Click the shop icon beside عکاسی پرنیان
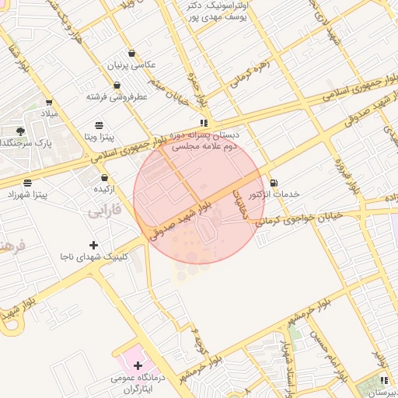tap(131, 54)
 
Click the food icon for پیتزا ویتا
tap(99, 125)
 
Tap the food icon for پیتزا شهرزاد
tap(28, 183)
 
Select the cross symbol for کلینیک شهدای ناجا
tap(94, 245)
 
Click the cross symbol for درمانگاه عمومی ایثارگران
tap(138, 365)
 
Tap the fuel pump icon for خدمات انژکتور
tap(272, 183)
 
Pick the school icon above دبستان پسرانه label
tap(204, 123)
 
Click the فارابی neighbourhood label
tap(103, 210)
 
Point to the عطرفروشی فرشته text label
tap(117, 97)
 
